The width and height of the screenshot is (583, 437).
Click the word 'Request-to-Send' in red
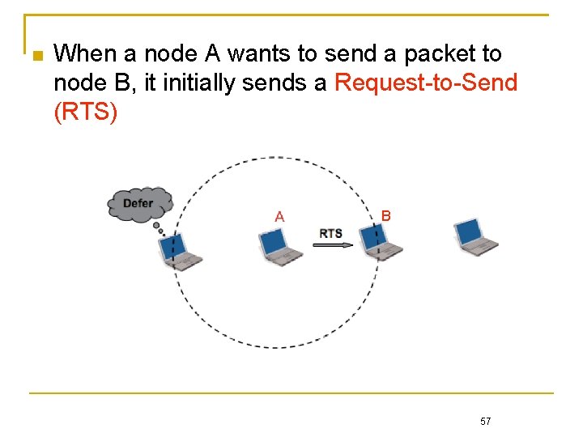425,83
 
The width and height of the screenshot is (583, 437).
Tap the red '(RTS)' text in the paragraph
85,112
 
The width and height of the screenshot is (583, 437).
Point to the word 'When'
87,54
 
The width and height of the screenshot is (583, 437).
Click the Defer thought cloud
138,204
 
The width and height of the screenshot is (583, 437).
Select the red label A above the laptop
279,216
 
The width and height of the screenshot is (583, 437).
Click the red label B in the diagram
386,216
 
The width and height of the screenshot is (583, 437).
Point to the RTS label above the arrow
330,234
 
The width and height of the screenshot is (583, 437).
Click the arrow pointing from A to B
333,246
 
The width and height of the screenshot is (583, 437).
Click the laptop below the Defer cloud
179,252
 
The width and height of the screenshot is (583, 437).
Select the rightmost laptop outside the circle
474,236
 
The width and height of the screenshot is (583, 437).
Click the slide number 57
486,422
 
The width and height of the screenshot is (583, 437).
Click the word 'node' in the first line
168,54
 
